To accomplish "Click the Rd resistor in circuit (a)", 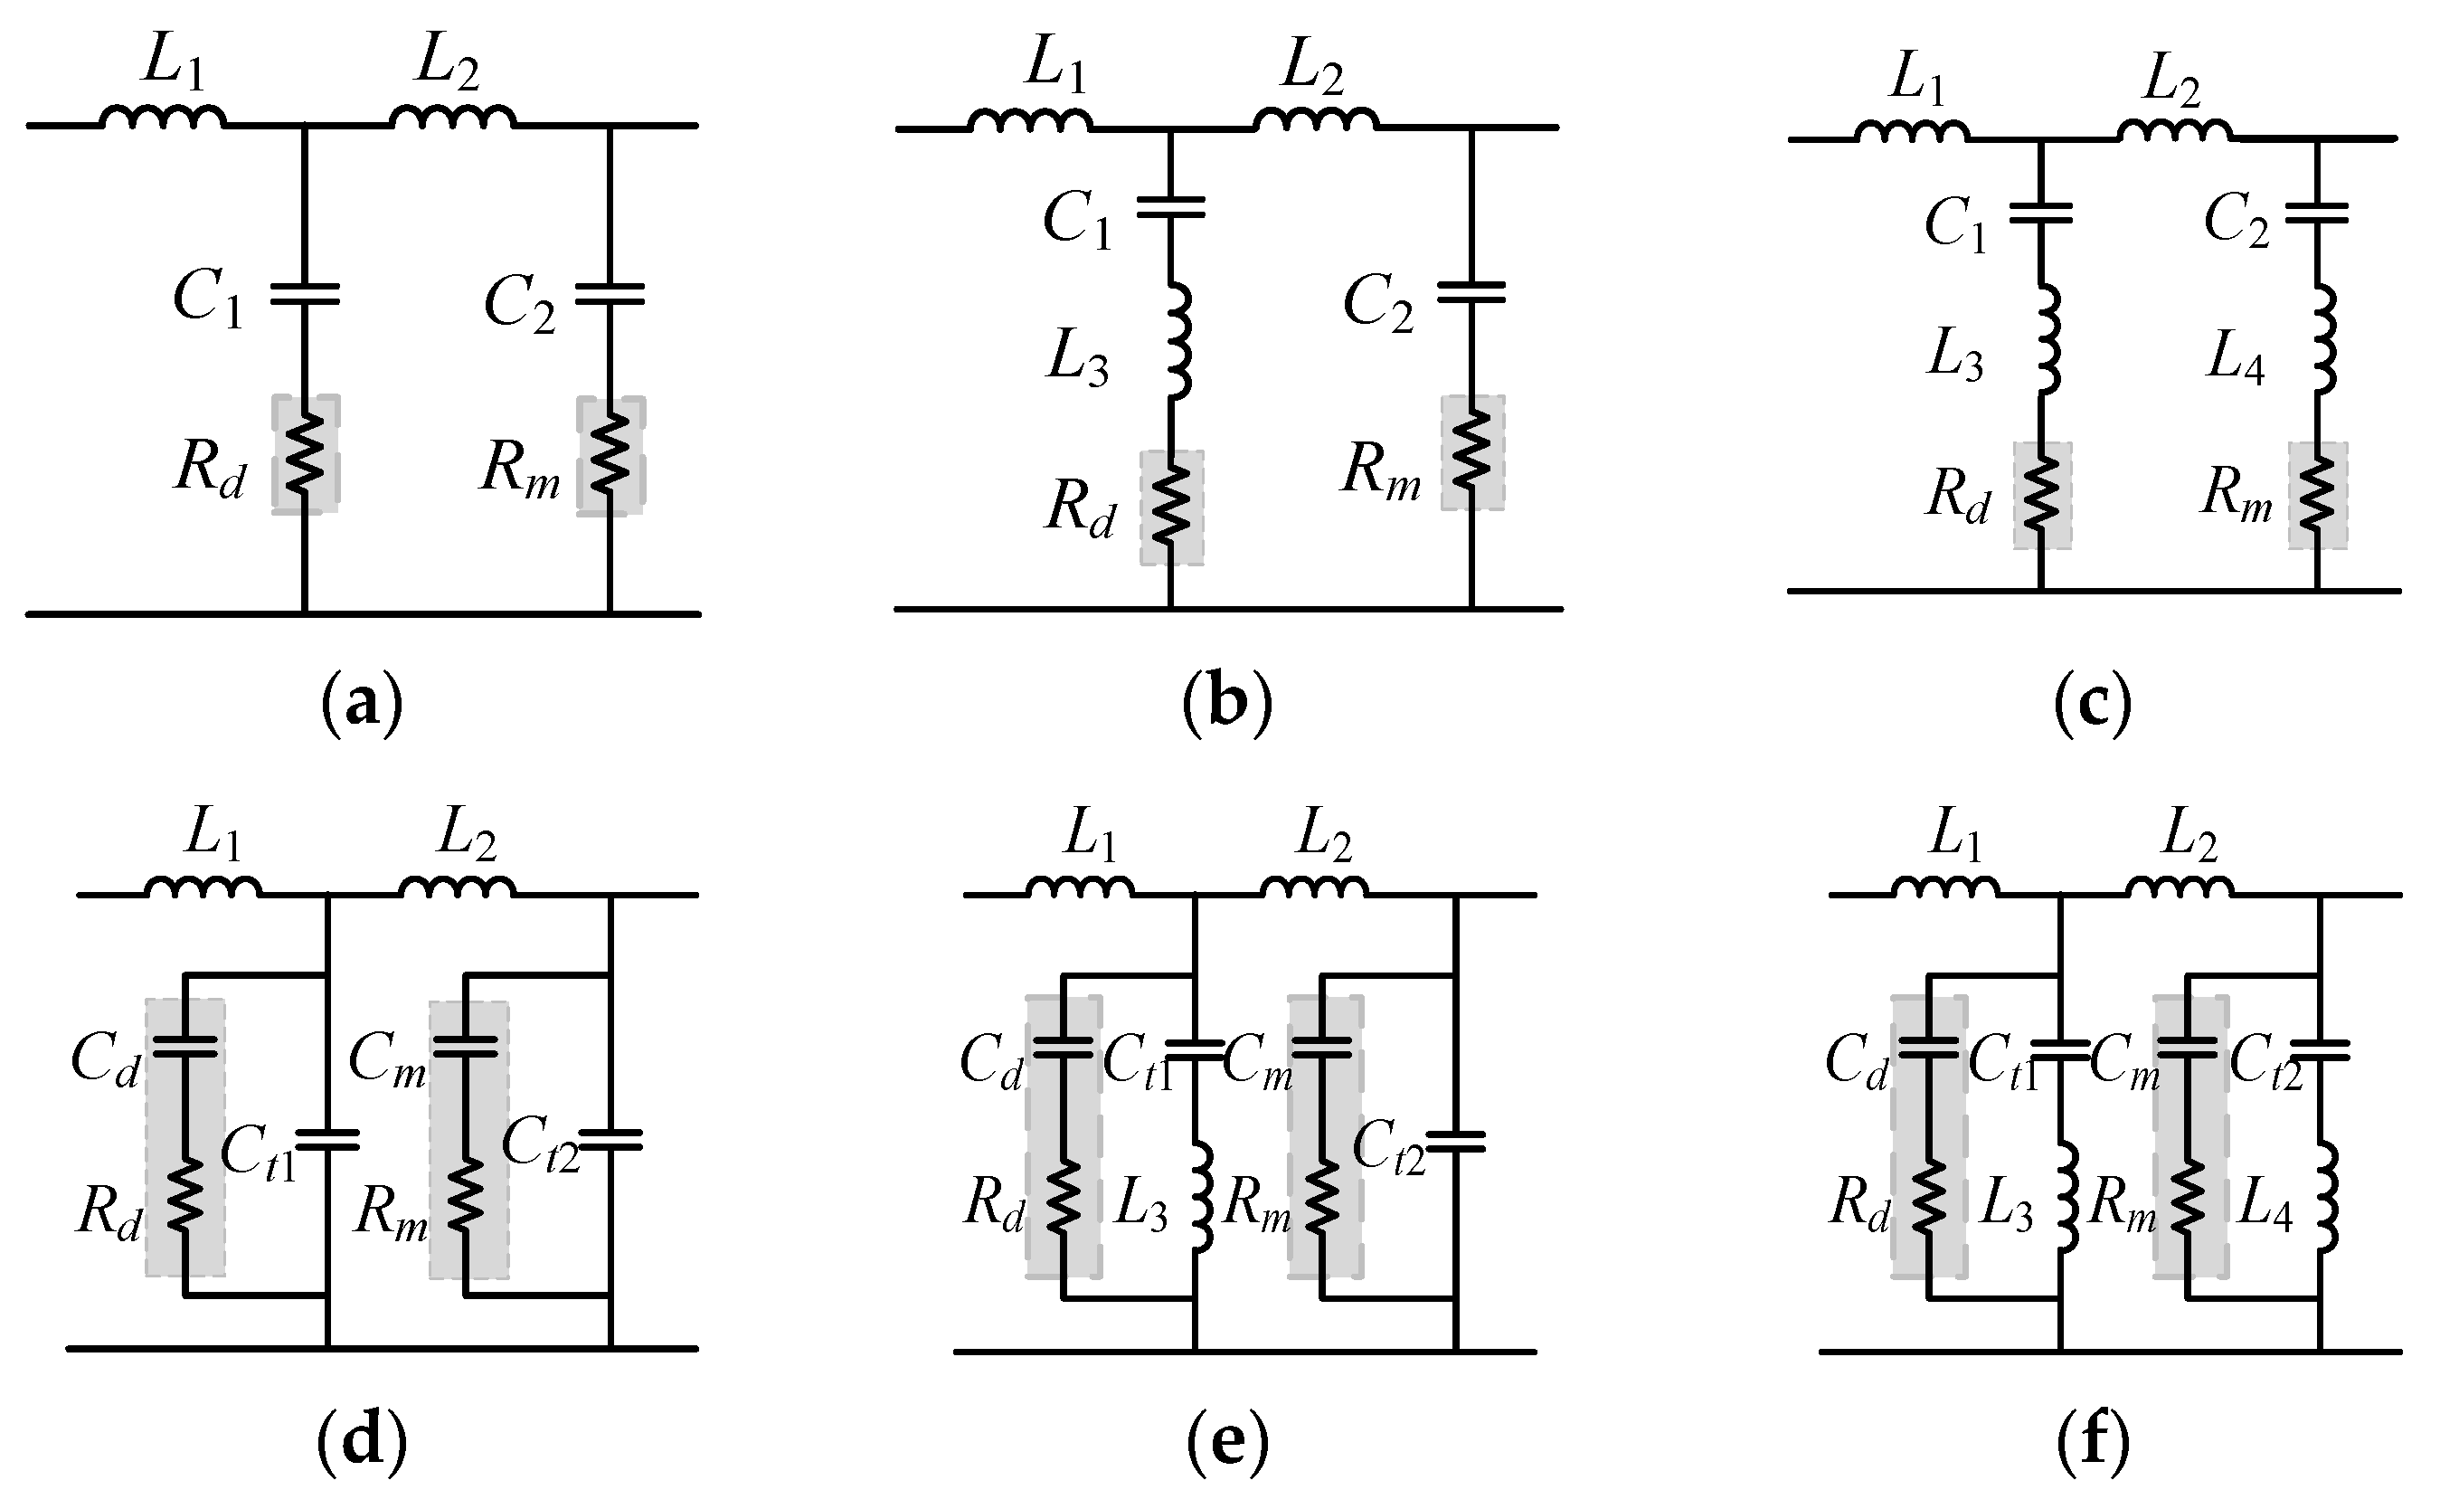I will click(x=306, y=454).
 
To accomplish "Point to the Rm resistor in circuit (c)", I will click(x=2316, y=496).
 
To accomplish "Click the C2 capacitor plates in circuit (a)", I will click(x=610, y=293).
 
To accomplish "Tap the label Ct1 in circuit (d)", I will click(x=259, y=1153).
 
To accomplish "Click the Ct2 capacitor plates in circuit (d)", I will click(x=610, y=1140).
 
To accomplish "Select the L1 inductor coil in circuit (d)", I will click(x=203, y=887).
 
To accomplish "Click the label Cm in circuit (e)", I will click(x=1257, y=1060).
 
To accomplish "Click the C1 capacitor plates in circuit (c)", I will click(x=2040, y=212).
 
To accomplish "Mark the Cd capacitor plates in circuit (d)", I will click(x=184, y=1046).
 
